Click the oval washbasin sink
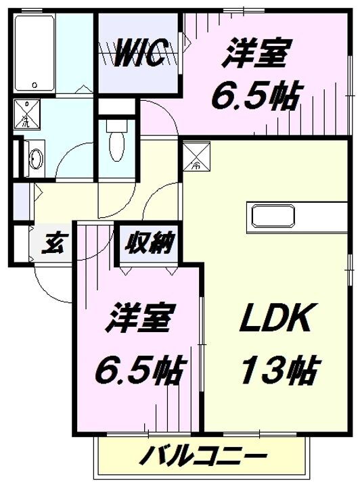(x=35, y=160)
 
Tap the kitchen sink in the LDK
(x=274, y=217)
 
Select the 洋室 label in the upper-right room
(x=258, y=55)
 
